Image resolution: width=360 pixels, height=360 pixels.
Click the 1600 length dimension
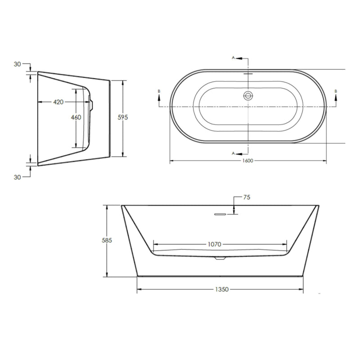tap(248, 161)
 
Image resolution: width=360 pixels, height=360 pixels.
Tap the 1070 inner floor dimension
tap(214, 244)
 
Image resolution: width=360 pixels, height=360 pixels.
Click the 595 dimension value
tap(123, 117)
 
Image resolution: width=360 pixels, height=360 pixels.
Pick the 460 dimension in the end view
tap(76, 117)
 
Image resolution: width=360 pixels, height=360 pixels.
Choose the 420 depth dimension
tap(58, 102)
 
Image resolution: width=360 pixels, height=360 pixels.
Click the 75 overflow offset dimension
tap(246, 197)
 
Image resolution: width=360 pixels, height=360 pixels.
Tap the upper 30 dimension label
tap(18, 64)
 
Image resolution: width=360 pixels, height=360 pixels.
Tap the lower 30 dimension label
tap(18, 177)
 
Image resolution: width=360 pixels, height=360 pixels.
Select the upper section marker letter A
tap(233, 58)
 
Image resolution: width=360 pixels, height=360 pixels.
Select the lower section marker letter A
tap(233, 153)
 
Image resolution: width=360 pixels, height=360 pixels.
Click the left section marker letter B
tap(158, 91)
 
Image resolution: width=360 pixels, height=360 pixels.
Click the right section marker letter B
tap(336, 91)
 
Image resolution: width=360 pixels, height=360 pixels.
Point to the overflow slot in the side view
tap(220, 215)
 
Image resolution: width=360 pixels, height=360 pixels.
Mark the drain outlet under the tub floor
tap(220, 258)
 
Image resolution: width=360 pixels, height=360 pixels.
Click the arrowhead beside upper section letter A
tap(239, 58)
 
